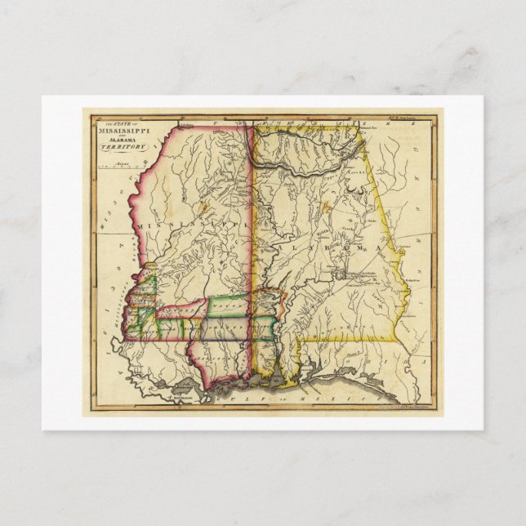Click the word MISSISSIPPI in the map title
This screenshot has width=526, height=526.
(122, 131)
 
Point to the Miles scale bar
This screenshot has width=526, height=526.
(116, 167)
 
